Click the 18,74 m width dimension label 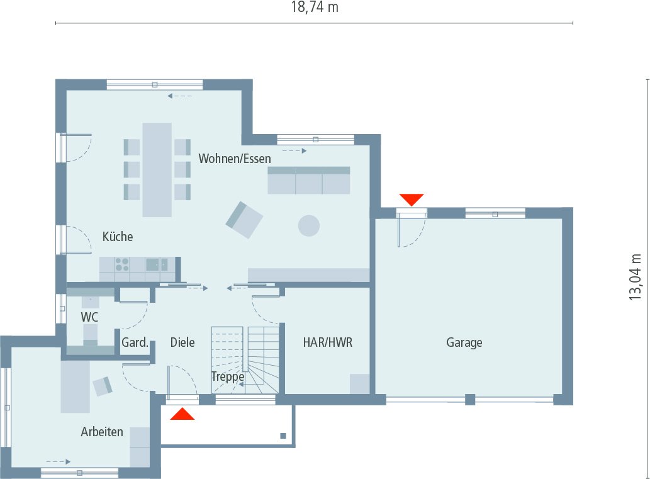pos(315,8)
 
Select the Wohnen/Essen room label pos(235,158)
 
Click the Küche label pos(118,237)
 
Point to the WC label pos(89,316)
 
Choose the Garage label pos(464,342)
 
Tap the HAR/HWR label pos(327,342)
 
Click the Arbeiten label pos(101,432)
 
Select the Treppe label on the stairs pos(227,376)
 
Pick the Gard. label pos(135,343)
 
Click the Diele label pos(182,342)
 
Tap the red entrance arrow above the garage pos(412,200)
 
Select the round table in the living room pos(308,225)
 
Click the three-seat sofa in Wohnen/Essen pos(308,180)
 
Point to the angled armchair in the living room pos(244,219)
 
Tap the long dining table pos(157,169)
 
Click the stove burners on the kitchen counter pos(121,264)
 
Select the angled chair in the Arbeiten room pos(103,385)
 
